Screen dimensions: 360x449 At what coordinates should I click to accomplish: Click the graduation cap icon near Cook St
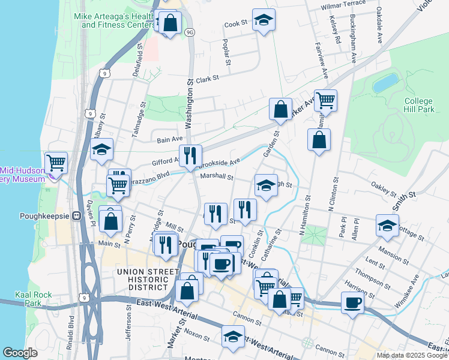263,20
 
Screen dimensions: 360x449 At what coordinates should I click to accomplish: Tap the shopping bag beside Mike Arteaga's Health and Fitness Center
170,23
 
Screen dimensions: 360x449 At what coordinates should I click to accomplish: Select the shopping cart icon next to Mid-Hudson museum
56,162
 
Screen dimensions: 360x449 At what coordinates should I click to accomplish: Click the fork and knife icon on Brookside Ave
190,155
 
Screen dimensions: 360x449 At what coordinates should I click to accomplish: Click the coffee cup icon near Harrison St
352,302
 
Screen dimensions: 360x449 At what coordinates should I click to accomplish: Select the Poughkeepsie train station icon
76,216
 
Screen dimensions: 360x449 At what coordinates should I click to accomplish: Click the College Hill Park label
418,106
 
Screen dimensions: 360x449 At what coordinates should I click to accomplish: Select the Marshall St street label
217,176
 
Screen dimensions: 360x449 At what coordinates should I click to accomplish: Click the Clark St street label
207,79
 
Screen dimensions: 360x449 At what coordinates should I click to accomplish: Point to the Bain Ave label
169,140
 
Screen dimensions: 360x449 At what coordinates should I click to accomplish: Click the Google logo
20,353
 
